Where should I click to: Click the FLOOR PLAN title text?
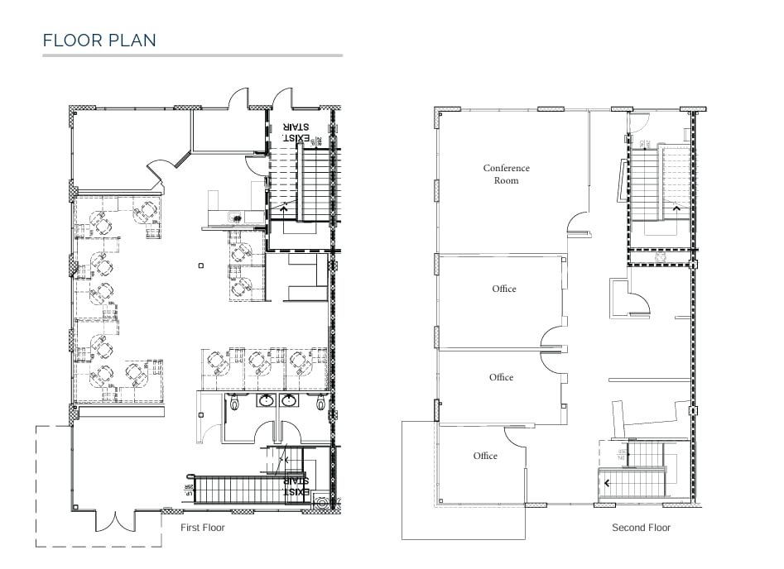pos(99,40)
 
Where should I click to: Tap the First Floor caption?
pos(203,527)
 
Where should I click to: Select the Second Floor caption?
pos(641,528)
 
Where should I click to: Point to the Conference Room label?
pos(506,174)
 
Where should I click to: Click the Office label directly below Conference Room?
pos(503,289)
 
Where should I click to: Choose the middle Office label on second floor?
pos(501,377)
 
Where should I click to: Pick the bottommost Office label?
pos(485,456)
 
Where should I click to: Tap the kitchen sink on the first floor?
pos(237,218)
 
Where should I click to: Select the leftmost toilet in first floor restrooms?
pos(235,403)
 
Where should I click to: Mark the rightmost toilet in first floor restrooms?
pos(321,403)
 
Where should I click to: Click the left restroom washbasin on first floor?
pos(266,401)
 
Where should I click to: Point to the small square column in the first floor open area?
pos(200,266)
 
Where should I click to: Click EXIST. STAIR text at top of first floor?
pos(295,132)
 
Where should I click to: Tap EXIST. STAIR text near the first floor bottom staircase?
pos(296,485)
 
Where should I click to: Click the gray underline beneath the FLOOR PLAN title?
pos(192,55)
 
